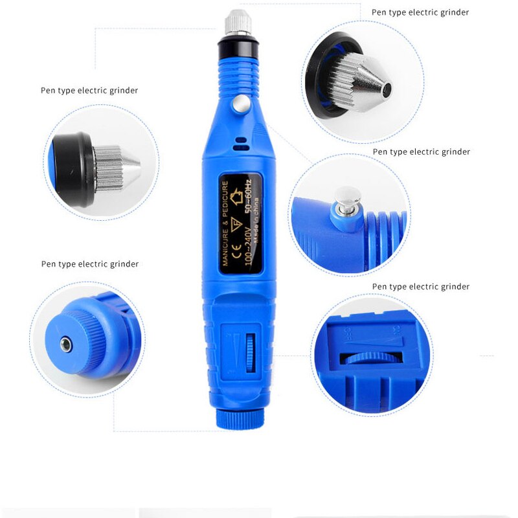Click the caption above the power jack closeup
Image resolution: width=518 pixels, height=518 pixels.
[89, 264]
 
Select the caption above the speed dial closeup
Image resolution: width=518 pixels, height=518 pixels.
[420, 287]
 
